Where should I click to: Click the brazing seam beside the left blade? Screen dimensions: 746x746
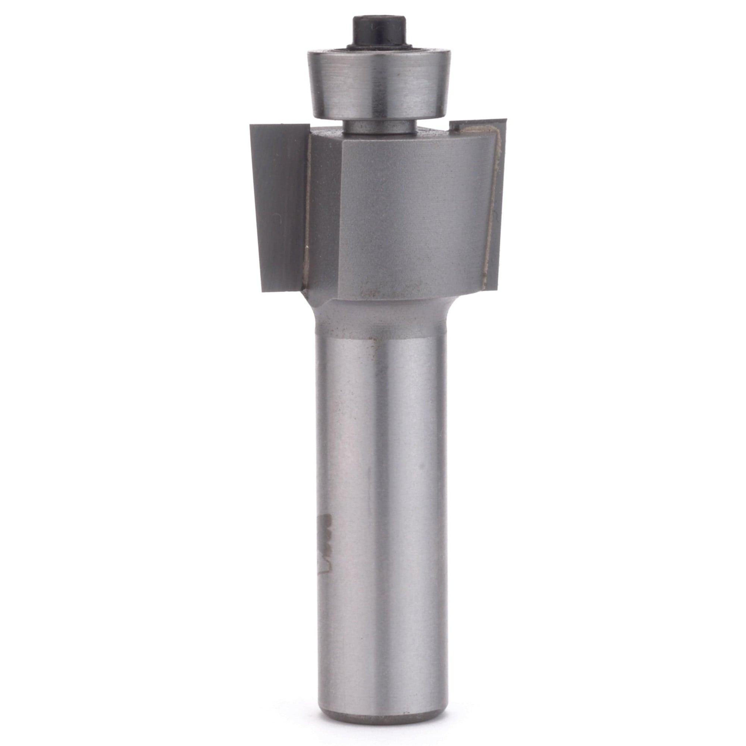click(308, 216)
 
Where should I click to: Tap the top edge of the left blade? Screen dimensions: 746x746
click(280, 125)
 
